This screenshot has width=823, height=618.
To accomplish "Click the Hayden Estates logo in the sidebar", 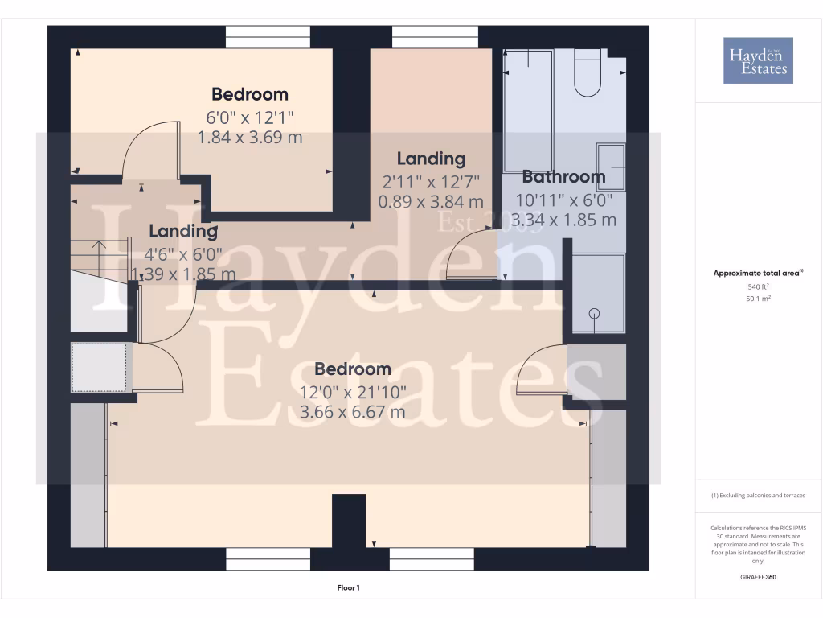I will (758, 60).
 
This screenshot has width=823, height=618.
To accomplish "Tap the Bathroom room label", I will (563, 177).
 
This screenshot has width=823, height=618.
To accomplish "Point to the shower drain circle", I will (595, 314).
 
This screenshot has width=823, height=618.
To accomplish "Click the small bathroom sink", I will (611, 166).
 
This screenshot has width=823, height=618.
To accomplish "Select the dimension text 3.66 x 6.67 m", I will (352, 413).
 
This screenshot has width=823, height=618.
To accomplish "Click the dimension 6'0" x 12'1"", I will (250, 116).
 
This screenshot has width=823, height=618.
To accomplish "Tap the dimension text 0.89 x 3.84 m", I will (431, 201).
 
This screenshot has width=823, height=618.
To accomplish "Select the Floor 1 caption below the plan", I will (348, 588).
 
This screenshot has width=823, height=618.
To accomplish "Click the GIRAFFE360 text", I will (758, 577).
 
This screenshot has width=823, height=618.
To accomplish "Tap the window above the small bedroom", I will (268, 37).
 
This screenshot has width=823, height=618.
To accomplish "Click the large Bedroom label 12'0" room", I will (352, 369).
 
